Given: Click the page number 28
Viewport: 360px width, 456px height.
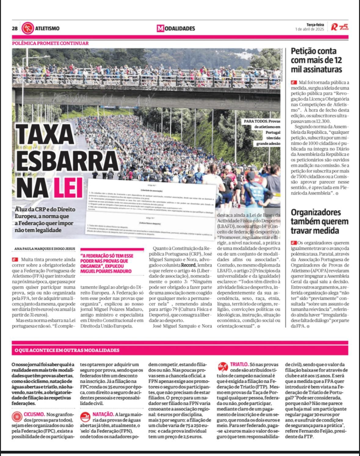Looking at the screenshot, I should click(x=15, y=29).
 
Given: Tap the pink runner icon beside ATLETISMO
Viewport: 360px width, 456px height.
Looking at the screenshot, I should click(x=27, y=28).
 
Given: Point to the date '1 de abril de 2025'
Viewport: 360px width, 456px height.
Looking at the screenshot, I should click(x=309, y=29).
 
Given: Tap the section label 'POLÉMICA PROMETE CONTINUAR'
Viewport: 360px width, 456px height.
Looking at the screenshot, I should click(x=50, y=43).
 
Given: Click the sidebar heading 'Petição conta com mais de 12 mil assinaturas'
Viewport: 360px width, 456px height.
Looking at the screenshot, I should click(x=316, y=60).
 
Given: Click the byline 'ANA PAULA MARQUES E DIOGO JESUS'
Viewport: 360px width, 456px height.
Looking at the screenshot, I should click(x=45, y=249).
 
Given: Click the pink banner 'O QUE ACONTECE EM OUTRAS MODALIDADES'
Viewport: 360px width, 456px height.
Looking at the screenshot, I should click(x=67, y=350).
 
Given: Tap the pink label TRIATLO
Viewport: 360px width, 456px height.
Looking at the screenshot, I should click(x=238, y=364).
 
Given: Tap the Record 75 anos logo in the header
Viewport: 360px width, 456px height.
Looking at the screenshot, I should click(x=340, y=27).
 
